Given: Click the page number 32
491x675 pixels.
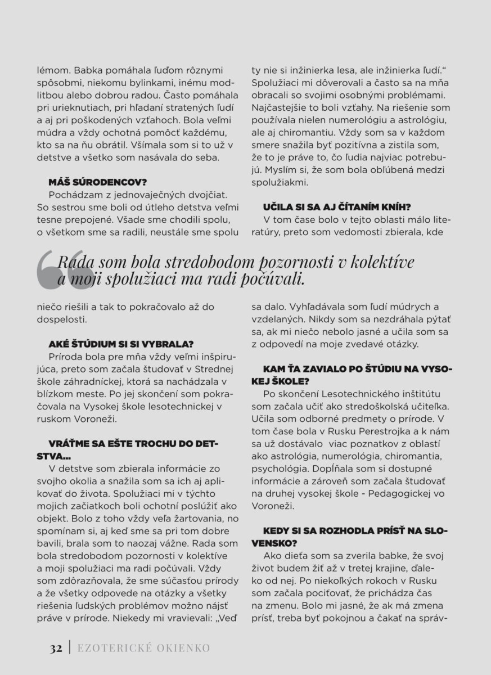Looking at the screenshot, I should pyautogui.click(x=55, y=648).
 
